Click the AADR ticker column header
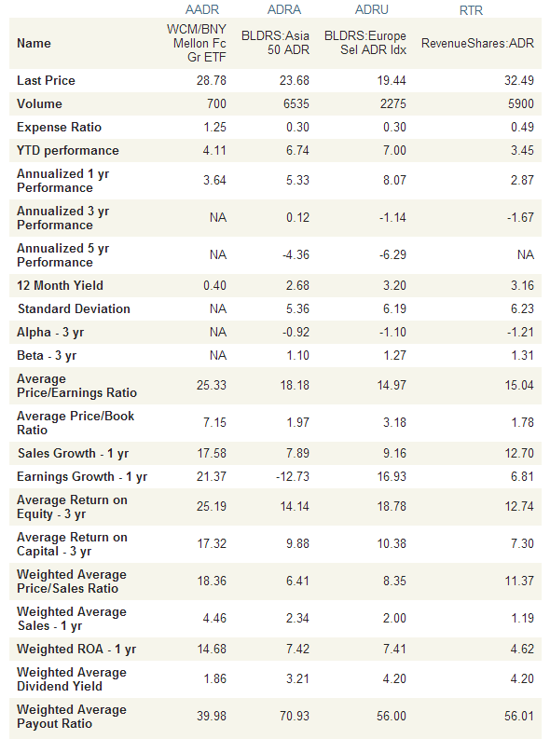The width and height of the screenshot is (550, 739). point(202,9)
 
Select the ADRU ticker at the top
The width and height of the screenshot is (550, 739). point(372,9)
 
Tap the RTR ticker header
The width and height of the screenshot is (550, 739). point(471,10)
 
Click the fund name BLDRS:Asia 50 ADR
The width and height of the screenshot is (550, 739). point(275,43)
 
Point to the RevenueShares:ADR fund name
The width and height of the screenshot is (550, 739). point(477,44)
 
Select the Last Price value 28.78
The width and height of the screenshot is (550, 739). point(211,80)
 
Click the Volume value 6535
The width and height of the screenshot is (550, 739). point(296,103)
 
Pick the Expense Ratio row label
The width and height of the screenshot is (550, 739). point(59,128)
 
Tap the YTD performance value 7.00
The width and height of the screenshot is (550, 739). point(394,150)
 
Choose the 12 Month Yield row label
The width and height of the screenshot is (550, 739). point(60,285)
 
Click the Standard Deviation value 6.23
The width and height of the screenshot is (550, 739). point(522,308)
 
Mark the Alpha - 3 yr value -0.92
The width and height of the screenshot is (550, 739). point(296,333)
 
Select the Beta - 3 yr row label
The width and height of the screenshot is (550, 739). point(47,355)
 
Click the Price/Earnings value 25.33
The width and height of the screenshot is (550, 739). point(211,385)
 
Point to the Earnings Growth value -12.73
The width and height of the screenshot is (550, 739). point(292,476)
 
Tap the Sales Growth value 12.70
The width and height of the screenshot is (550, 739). point(519,454)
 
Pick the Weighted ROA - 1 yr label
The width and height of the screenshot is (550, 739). point(76,649)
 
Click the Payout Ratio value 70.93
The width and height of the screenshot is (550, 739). point(295,716)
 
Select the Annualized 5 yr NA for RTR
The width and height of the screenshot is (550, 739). point(526,255)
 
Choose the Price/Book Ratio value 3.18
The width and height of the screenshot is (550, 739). point(394,422)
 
